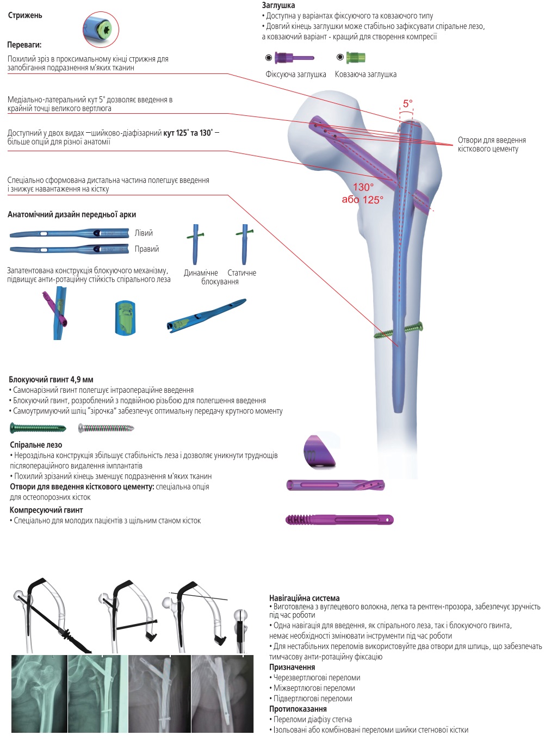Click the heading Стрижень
click(25, 15)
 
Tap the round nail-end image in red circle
click(101, 29)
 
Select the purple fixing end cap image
click(294, 58)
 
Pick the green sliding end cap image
click(355, 57)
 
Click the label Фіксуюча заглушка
click(296, 75)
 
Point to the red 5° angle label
click(407, 103)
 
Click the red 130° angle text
click(363, 187)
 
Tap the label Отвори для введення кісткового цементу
click(492, 144)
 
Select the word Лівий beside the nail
click(144, 233)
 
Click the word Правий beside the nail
click(147, 249)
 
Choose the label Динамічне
click(201, 273)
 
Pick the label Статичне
click(242, 273)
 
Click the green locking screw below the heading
click(38, 428)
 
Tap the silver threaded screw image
click(106, 428)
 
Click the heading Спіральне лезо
click(36, 444)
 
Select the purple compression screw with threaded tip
click(339, 520)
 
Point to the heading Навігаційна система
click(304, 598)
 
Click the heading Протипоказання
click(298, 709)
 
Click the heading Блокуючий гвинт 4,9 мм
click(51, 379)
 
